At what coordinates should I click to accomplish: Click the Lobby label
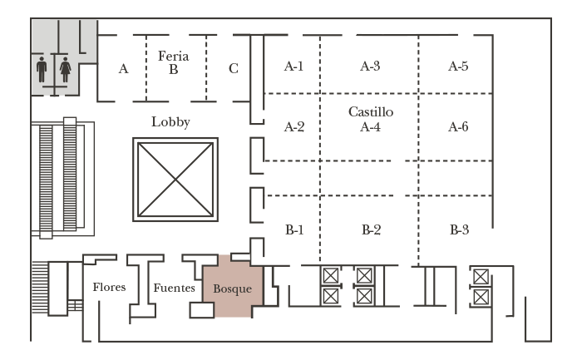170,122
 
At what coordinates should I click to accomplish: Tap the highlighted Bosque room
232,288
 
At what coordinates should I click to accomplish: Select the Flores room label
109,288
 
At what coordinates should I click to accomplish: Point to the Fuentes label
174,288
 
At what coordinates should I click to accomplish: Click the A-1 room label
293,67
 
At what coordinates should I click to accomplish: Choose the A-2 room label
293,127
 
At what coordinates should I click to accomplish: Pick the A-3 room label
370,67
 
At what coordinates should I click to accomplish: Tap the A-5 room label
458,67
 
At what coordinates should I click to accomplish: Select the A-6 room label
458,127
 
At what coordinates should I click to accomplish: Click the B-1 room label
293,229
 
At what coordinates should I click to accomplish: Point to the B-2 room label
370,229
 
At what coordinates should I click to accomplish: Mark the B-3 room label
458,229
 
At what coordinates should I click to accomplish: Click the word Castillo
370,111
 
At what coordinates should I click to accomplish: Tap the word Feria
174,56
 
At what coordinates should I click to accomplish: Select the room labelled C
233,69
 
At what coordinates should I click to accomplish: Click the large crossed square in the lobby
175,179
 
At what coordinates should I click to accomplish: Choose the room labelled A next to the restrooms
123,69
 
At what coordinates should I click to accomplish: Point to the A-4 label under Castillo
370,127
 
